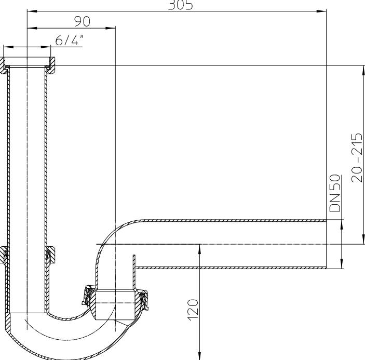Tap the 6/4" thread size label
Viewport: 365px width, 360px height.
pos(69,41)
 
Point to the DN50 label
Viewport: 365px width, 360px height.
pos(335,194)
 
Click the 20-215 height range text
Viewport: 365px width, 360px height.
pos(357,156)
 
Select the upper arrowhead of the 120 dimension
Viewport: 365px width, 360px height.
pos(199,248)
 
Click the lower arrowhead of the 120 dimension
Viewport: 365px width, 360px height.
pos(199,355)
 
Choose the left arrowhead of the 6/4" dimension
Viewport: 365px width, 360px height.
pos(8,47)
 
